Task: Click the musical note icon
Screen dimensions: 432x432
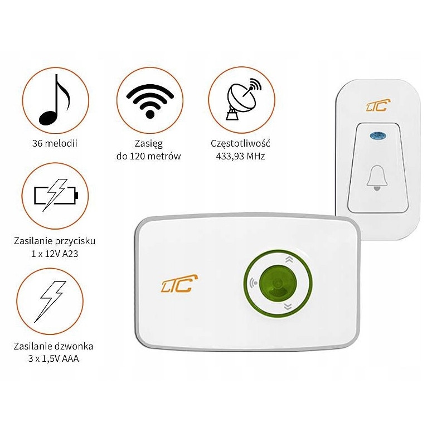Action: tap(55, 100)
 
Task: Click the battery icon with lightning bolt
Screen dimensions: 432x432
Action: tap(56, 195)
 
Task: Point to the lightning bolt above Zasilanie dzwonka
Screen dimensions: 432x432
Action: tap(54, 299)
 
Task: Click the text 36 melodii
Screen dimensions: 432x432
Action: tap(55, 143)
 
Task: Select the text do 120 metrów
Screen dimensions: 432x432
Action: tap(149, 156)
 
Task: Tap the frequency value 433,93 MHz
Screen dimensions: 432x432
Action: tap(241, 156)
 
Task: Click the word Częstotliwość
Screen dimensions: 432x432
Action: tap(241, 143)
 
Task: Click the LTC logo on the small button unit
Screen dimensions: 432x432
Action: tap(378, 105)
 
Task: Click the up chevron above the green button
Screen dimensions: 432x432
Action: tap(288, 259)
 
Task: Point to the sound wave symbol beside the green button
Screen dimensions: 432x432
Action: tap(254, 283)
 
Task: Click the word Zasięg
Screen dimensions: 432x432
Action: tap(149, 143)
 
